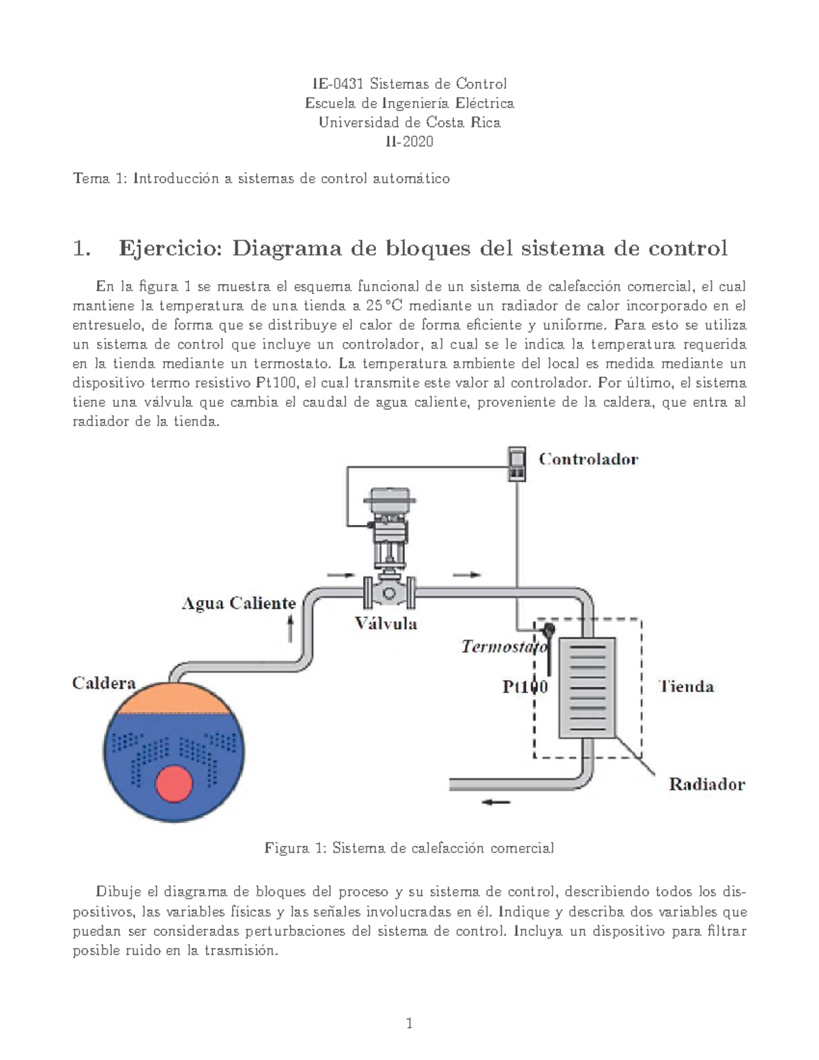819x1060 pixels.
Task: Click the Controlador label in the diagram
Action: point(588,459)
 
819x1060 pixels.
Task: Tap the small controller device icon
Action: point(517,464)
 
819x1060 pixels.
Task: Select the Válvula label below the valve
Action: point(386,623)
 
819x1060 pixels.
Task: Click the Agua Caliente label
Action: point(238,603)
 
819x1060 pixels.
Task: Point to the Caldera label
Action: point(104,683)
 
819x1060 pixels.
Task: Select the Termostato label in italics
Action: point(504,646)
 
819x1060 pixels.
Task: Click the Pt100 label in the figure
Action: point(525,687)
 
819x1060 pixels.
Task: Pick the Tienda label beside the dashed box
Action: point(686,687)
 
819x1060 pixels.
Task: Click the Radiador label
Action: point(706,784)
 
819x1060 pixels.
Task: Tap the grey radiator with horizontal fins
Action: point(587,687)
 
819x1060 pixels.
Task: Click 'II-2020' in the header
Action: point(409,142)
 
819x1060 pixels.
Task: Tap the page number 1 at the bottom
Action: point(409,1023)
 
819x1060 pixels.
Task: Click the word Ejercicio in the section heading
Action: point(171,248)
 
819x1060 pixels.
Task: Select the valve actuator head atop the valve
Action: point(386,502)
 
